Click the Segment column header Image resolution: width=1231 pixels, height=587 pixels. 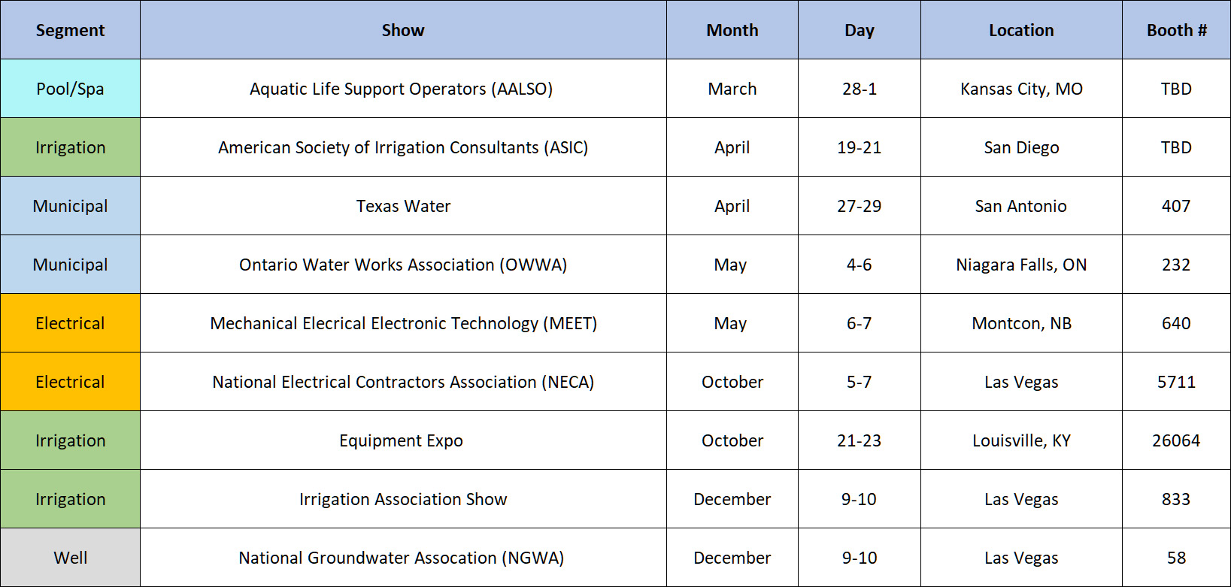click(x=70, y=30)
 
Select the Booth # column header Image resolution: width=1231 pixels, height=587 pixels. click(x=1176, y=30)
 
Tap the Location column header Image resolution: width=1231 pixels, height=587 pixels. click(x=1021, y=30)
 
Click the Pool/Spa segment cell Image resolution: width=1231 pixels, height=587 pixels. click(x=70, y=89)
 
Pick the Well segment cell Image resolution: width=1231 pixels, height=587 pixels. click(x=71, y=558)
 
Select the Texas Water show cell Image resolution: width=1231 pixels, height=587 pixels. click(x=403, y=206)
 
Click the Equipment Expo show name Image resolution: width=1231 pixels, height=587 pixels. click(x=401, y=441)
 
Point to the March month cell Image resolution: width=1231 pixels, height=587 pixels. click(x=732, y=89)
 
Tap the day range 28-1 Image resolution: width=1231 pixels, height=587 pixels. click(x=859, y=89)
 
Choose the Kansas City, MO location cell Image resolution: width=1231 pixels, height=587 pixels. click(x=1021, y=89)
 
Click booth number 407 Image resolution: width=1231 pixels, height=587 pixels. click(x=1176, y=206)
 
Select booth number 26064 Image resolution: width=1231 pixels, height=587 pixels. click(x=1176, y=440)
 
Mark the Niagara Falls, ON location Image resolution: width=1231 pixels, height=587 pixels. click(x=1021, y=265)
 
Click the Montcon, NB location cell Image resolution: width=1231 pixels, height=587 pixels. click(x=1021, y=323)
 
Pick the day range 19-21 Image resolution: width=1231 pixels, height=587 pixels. click(x=859, y=148)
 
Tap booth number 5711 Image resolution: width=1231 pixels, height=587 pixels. click(x=1176, y=382)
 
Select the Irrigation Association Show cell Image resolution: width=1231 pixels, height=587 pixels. click(x=403, y=499)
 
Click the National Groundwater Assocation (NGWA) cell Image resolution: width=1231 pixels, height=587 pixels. click(x=401, y=558)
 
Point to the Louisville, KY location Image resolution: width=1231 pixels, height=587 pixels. click(x=1021, y=441)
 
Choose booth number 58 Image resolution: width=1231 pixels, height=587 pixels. click(x=1176, y=558)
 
